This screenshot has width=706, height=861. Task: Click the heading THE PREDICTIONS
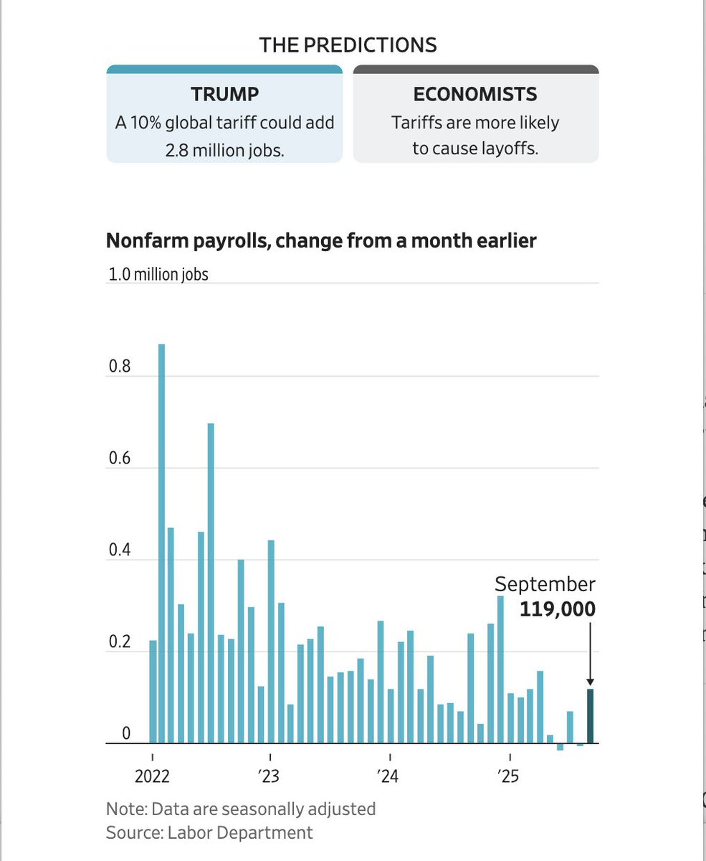pyautogui.click(x=348, y=44)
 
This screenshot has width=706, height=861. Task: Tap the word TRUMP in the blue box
pyautogui.click(x=224, y=95)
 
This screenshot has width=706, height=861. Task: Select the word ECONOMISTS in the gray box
pyautogui.click(x=475, y=95)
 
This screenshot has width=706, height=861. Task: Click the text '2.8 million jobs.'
pyautogui.click(x=224, y=150)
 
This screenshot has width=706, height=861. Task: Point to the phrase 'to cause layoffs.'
pyautogui.click(x=475, y=150)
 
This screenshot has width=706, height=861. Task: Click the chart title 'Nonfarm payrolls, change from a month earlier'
pyautogui.click(x=321, y=240)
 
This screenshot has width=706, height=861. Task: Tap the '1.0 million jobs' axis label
pyautogui.click(x=158, y=274)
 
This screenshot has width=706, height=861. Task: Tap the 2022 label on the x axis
pyautogui.click(x=152, y=776)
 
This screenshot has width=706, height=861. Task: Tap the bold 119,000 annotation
pyautogui.click(x=557, y=609)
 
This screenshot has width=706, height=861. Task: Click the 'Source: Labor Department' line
pyautogui.click(x=209, y=832)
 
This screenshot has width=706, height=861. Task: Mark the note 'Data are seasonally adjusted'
pyautogui.click(x=241, y=809)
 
